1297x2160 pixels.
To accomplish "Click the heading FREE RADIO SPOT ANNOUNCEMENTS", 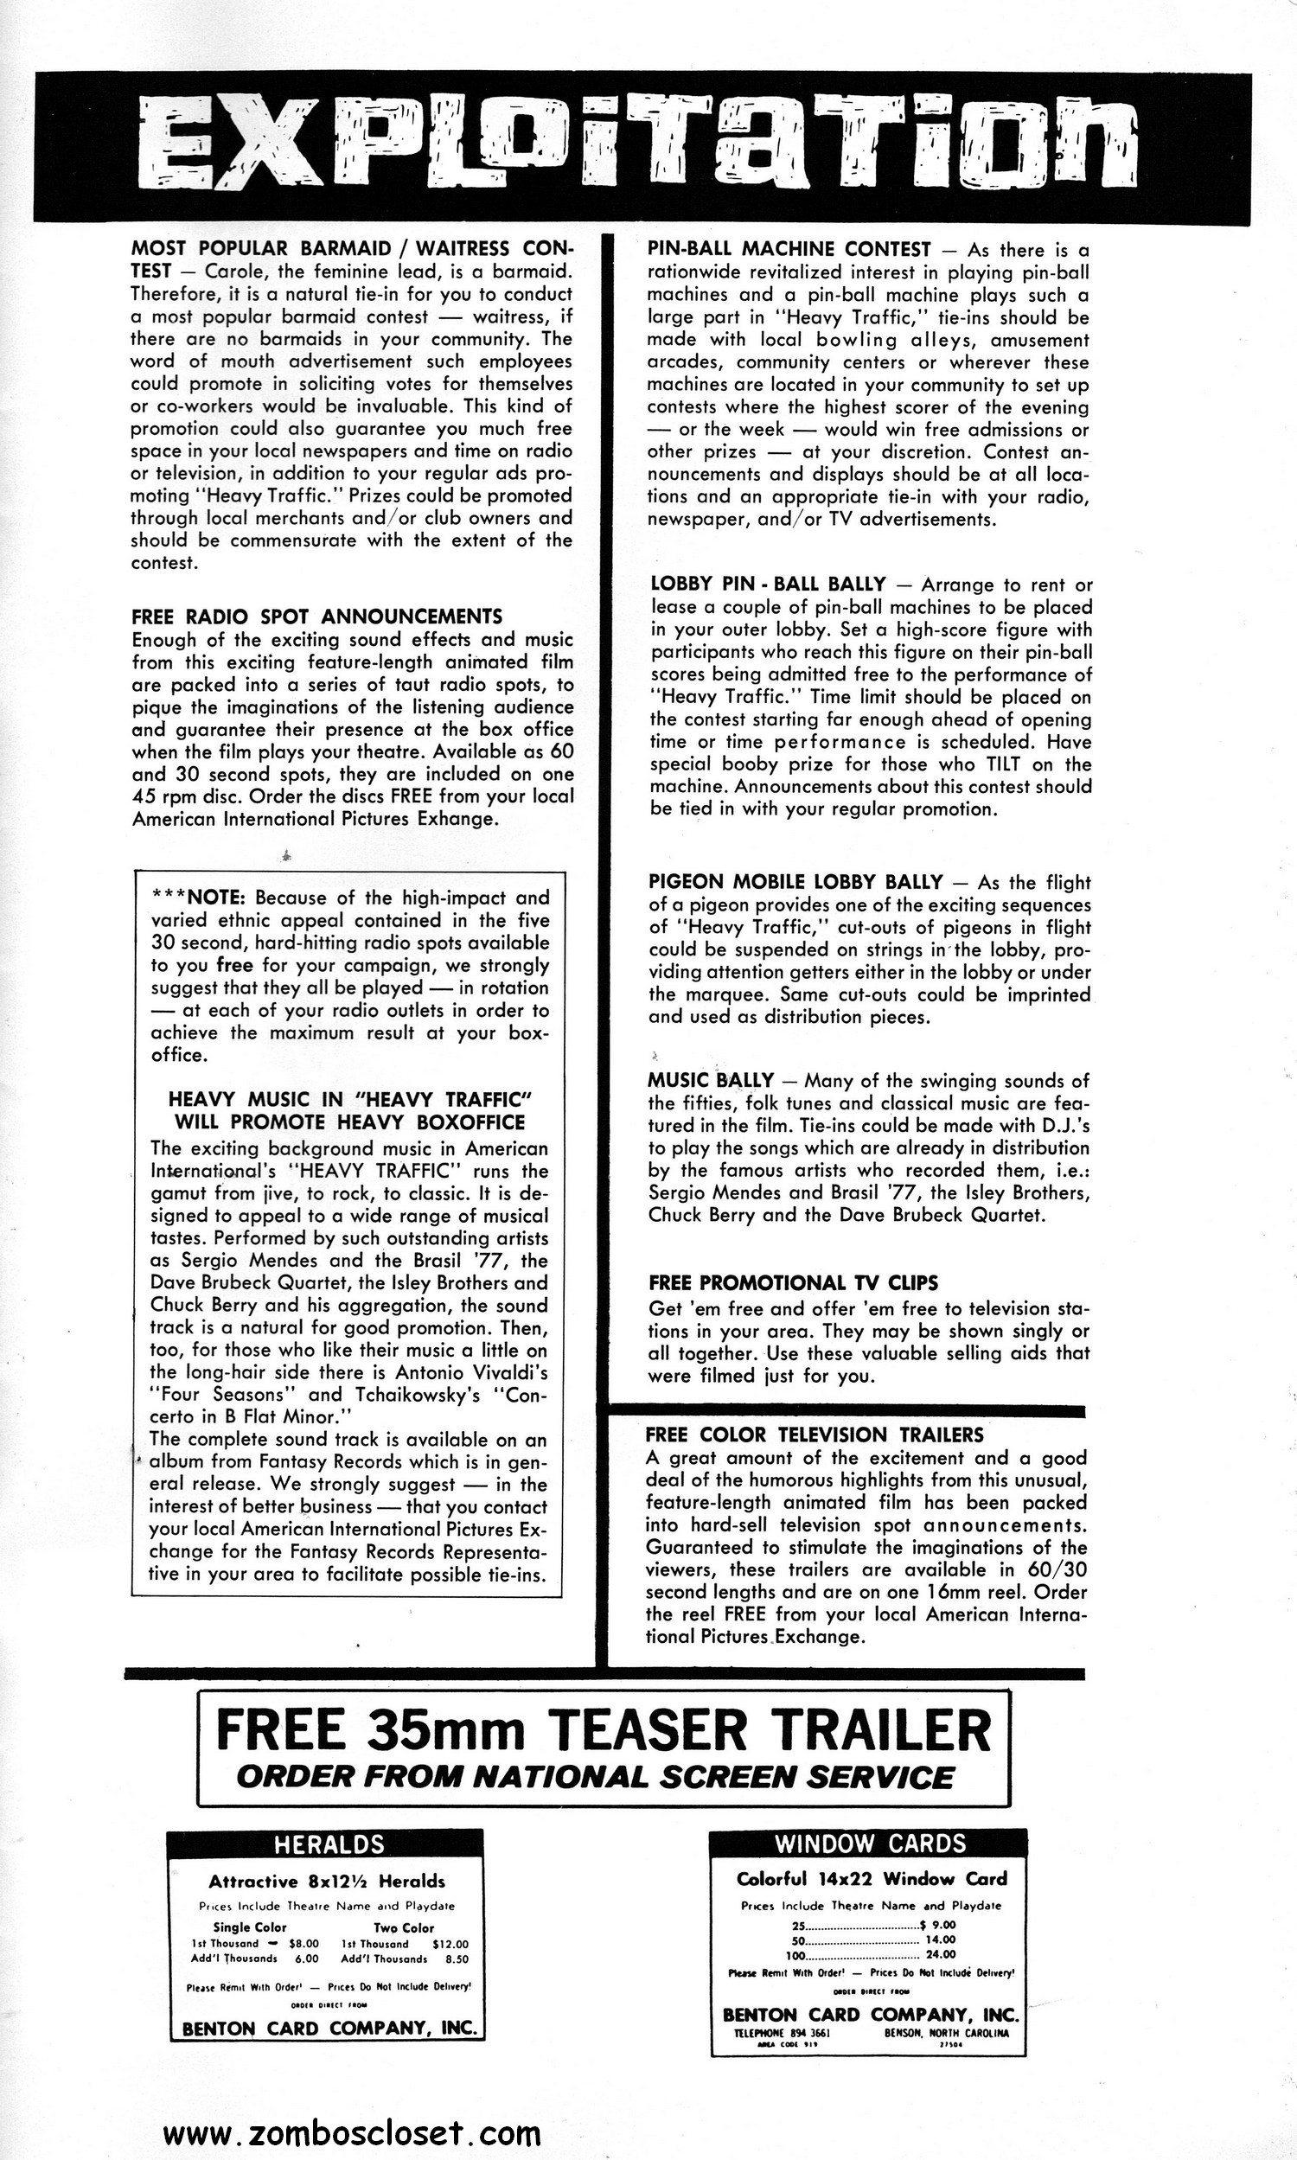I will click(316, 616).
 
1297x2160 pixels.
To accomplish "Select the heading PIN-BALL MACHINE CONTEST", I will click(789, 250).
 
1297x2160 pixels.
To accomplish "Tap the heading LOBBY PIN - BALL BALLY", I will click(768, 584).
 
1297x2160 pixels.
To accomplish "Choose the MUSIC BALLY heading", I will click(711, 1081).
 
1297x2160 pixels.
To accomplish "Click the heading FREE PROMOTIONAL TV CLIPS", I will click(794, 1282).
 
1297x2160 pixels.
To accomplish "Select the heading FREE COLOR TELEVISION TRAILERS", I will click(815, 1435).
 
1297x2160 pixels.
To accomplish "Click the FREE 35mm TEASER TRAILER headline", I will click(603, 1730).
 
